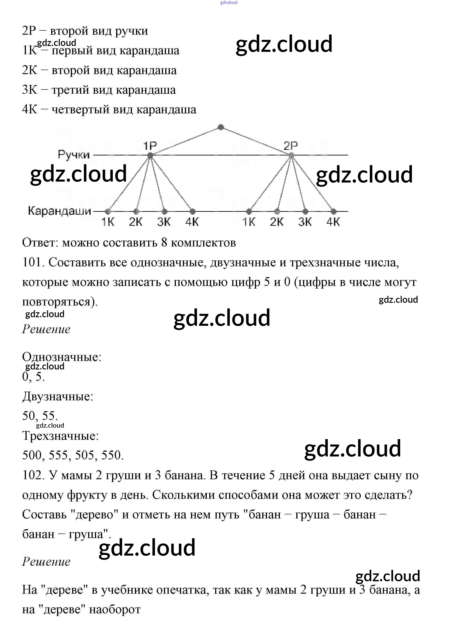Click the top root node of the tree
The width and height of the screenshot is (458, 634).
[x=221, y=127]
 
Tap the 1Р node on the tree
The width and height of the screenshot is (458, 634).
[x=150, y=155]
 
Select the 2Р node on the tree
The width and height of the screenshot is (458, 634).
[x=291, y=155]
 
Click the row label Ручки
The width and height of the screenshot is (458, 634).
[x=74, y=155]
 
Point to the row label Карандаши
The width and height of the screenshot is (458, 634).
[x=60, y=211]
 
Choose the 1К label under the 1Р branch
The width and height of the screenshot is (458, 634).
[x=108, y=222]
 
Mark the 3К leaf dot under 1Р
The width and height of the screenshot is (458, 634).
[x=165, y=211]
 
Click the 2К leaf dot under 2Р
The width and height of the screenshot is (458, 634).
[x=277, y=211]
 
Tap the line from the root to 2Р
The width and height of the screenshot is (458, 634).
[x=256, y=141]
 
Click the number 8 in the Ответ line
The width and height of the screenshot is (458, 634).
[x=164, y=243]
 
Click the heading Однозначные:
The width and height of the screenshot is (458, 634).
[x=62, y=357]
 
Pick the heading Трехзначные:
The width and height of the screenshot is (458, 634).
[x=60, y=436]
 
